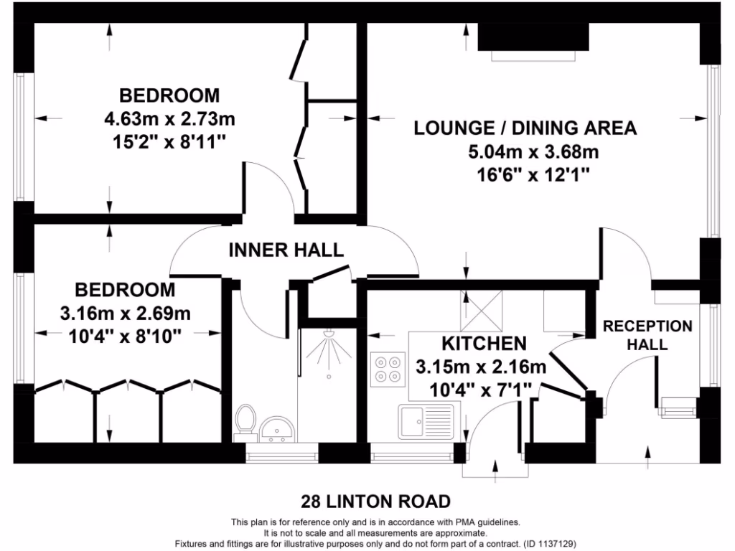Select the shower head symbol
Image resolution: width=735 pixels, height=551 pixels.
click(329, 335)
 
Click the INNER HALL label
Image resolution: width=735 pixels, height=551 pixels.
click(286, 250)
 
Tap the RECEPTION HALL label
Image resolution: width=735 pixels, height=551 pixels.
click(647, 335)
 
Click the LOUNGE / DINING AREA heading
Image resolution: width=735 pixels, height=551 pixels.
click(525, 128)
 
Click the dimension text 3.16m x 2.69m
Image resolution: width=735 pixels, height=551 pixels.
click(125, 313)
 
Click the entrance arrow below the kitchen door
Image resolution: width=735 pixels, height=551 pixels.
click(496, 468)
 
